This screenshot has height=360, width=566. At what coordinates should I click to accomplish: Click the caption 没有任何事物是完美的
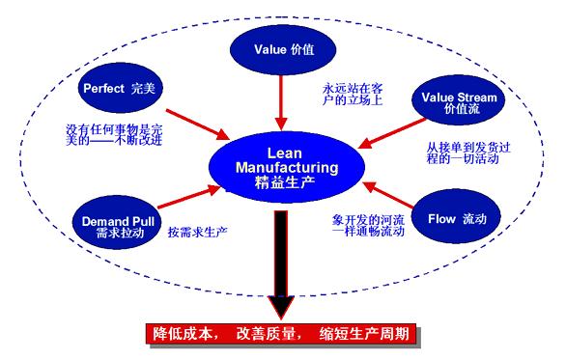(x=116, y=136)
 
